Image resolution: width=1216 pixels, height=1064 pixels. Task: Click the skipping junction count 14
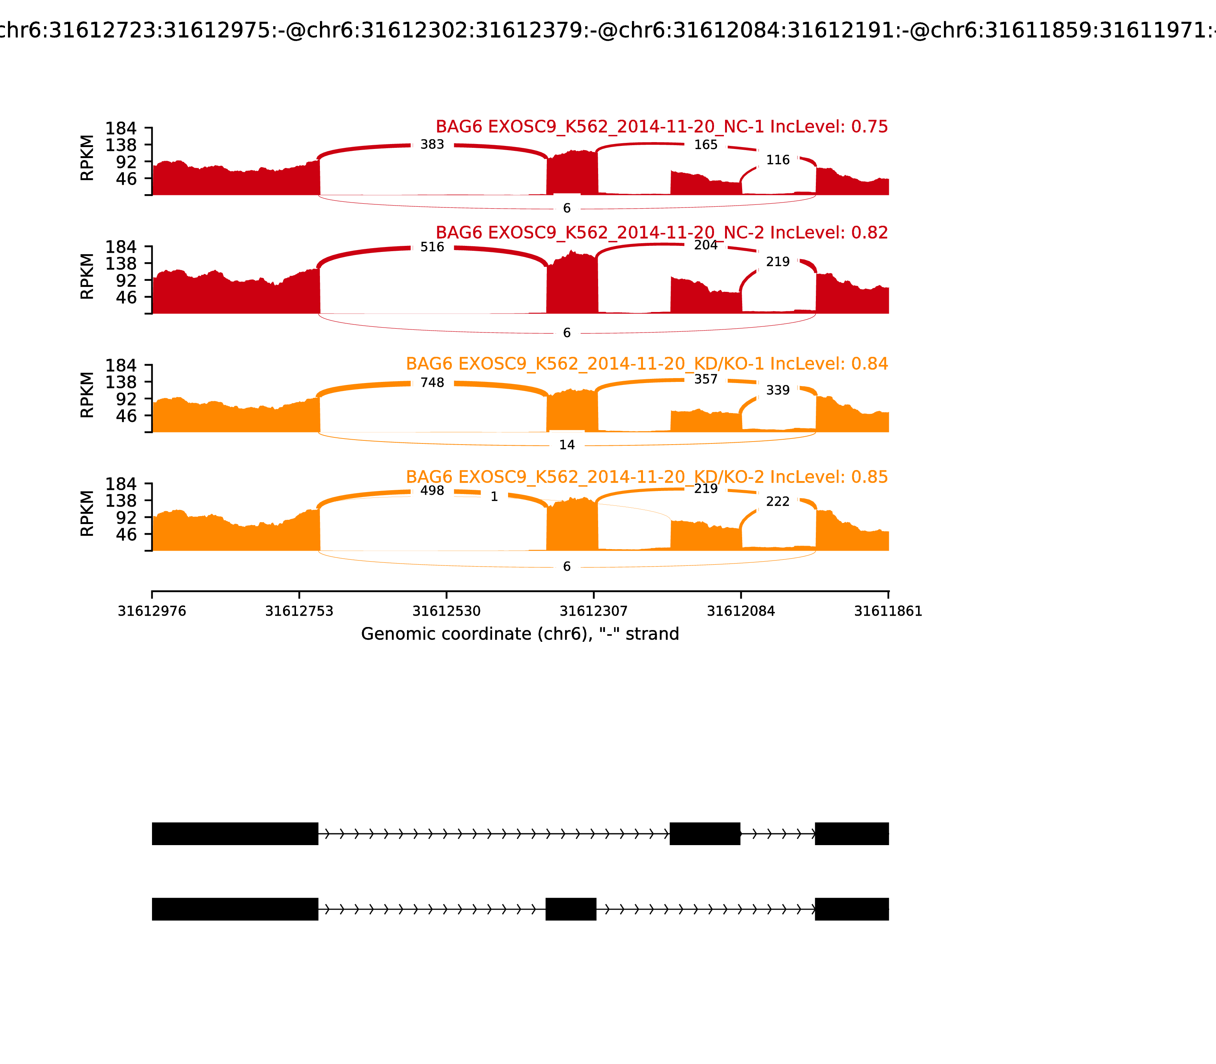567,445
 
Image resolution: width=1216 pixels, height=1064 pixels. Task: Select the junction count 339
778,390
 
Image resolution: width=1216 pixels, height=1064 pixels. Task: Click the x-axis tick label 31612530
446,611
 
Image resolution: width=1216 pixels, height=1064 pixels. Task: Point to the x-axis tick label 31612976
152,611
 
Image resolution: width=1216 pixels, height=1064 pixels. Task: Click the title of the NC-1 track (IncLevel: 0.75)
662,127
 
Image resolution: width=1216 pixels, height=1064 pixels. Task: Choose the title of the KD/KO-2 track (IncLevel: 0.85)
647,477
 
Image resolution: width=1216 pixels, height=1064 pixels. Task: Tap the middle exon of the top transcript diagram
705,834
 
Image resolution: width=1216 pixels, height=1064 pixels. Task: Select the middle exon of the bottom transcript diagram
571,909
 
